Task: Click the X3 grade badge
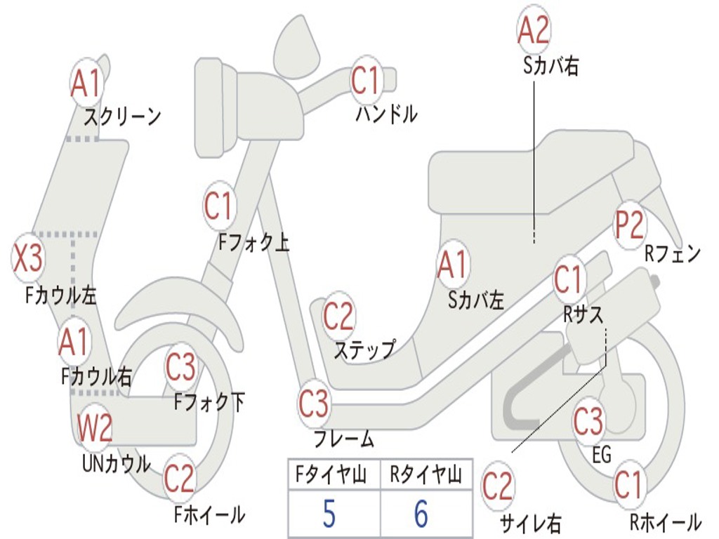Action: [29, 258]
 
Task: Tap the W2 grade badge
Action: [95, 427]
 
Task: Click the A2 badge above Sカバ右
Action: [533, 31]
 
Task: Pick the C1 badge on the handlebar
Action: [366, 81]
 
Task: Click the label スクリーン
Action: [122, 116]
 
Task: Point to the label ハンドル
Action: [386, 113]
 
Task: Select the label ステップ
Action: [364, 349]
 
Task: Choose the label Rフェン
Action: [673, 255]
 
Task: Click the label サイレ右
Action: [530, 522]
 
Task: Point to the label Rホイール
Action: [664, 522]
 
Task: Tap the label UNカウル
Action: [116, 464]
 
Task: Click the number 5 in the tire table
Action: [329, 514]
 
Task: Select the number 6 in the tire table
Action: [421, 514]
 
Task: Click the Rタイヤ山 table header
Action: [426, 476]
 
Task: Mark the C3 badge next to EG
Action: [588, 421]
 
